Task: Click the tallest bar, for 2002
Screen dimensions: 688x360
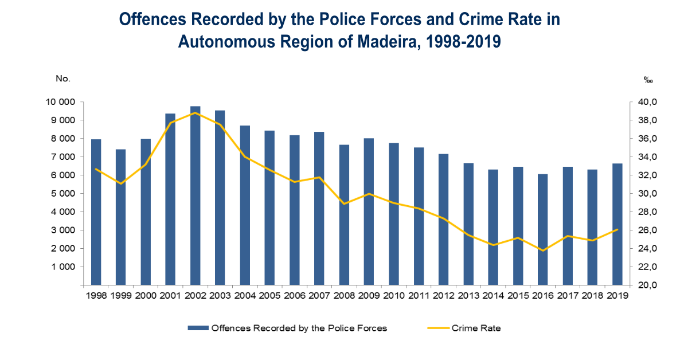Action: tap(195, 195)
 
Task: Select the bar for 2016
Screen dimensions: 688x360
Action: tap(542, 230)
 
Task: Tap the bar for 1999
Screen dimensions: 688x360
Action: tap(121, 217)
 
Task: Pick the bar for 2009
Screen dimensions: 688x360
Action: tap(369, 212)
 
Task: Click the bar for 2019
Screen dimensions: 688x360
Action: tap(617, 224)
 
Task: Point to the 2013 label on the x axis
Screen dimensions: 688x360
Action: tap(468, 295)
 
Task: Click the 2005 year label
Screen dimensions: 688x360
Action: tap(269, 295)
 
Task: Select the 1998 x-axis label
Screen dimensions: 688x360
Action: tap(96, 295)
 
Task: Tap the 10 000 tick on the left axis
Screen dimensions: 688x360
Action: tap(61, 101)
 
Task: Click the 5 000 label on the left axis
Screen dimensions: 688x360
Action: tap(63, 194)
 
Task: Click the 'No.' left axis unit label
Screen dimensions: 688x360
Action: tap(63, 79)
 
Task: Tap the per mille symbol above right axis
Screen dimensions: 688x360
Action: tap(648, 80)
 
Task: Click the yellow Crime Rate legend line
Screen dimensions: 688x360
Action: tap(438, 328)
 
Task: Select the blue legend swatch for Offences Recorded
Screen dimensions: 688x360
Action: tap(198, 328)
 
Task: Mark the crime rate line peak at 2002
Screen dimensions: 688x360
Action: tap(195, 113)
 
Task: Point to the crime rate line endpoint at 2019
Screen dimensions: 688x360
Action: tap(617, 229)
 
